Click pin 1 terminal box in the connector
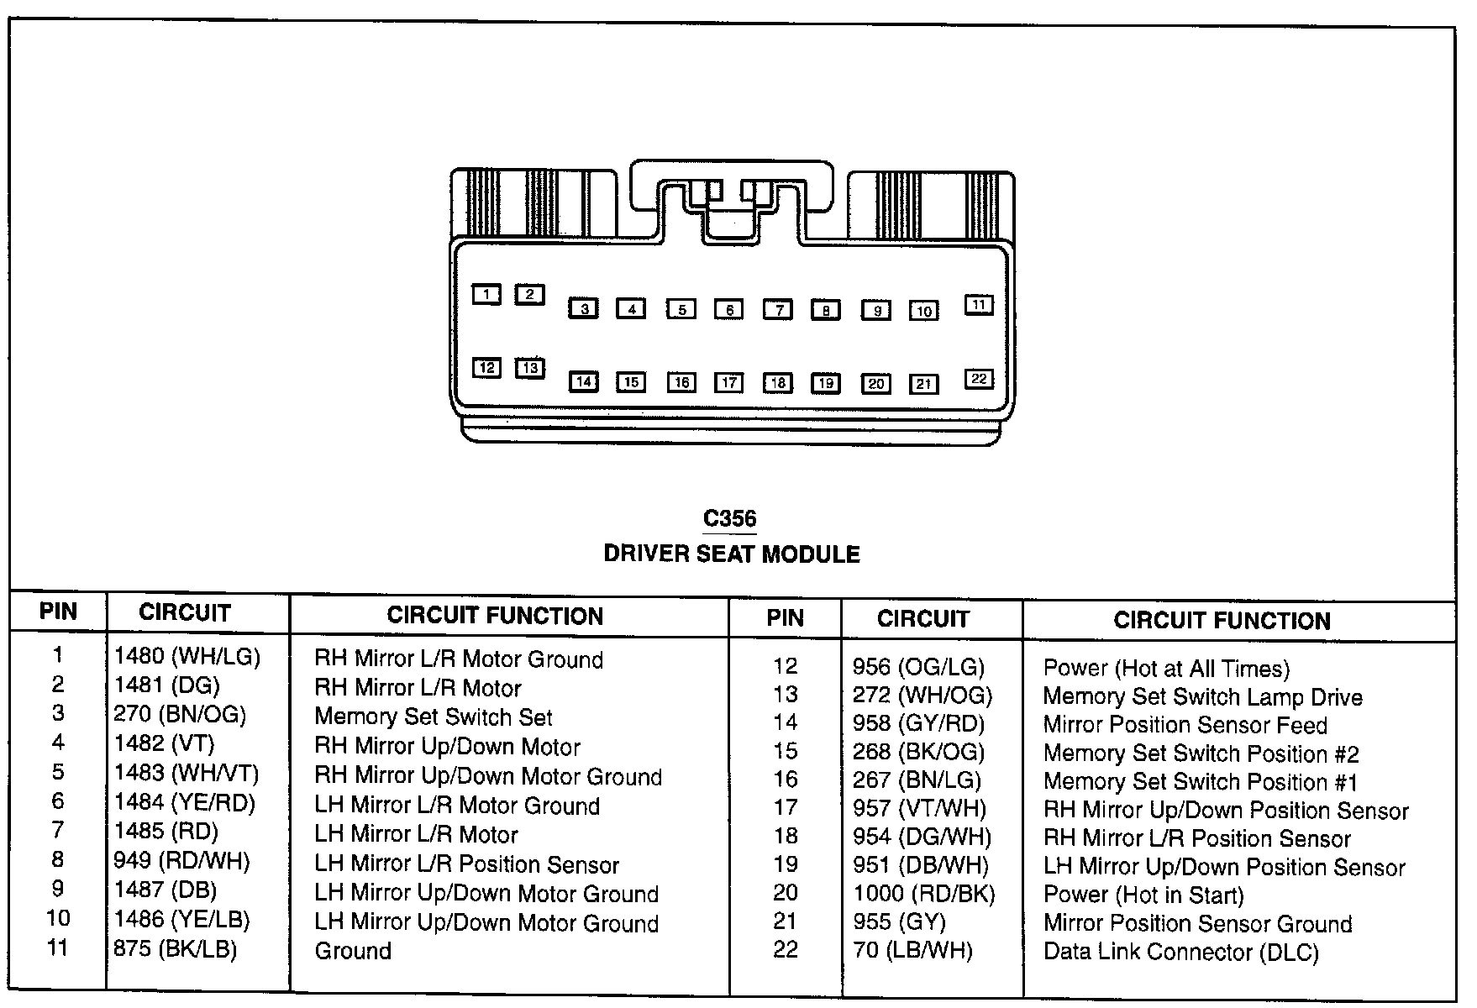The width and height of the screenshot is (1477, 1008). (486, 294)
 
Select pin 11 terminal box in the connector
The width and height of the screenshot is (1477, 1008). (979, 305)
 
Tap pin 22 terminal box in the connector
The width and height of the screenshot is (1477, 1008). (979, 379)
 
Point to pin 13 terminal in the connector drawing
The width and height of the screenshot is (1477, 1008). (530, 368)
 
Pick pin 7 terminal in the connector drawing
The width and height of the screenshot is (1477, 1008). (778, 310)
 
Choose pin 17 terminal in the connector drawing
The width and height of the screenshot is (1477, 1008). (729, 383)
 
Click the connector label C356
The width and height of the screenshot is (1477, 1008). (729, 519)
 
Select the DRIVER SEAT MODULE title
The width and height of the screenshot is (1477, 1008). (732, 554)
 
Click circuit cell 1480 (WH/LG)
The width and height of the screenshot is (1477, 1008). (187, 656)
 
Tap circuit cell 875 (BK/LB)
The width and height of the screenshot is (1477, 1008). (176, 949)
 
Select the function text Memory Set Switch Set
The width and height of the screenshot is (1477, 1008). (434, 717)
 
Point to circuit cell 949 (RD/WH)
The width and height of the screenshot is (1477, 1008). (181, 861)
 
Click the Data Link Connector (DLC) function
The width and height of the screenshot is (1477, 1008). (1181, 953)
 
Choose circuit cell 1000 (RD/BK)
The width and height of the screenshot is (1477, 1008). (924, 894)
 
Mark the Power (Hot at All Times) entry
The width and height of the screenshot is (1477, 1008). (1166, 669)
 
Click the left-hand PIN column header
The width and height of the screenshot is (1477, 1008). (58, 612)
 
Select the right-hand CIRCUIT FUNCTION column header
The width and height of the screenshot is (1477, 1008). (1222, 621)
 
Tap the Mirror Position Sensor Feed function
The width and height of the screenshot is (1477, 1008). (1185, 725)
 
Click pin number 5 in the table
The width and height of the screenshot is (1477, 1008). (58, 772)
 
